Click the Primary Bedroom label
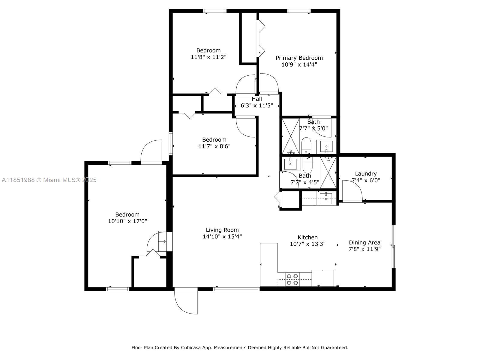[x=299, y=58]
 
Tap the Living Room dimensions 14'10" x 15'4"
[x=222, y=236]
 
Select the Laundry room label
[x=366, y=174]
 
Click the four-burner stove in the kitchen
[x=292, y=279]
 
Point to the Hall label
[x=257, y=99]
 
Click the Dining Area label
[x=364, y=243]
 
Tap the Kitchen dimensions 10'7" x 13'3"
[x=308, y=244]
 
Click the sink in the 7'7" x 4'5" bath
[x=291, y=164]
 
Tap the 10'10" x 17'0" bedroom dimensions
[x=127, y=221]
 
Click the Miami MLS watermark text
[x=49, y=180]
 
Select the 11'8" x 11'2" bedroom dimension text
[x=208, y=57]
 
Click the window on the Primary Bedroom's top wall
[x=299, y=11]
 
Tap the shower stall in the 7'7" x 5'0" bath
[x=291, y=136]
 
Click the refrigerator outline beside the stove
[x=323, y=278]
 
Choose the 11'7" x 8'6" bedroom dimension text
[x=214, y=146]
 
